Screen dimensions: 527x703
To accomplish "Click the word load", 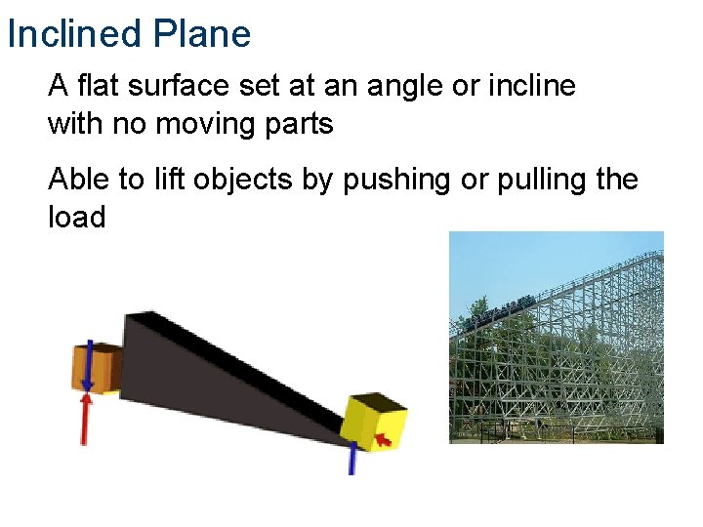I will [76, 217].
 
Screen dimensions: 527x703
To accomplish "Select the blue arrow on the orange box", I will [89, 363].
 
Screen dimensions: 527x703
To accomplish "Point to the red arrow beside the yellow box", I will [385, 441].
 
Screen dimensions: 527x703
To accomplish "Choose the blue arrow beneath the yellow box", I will [352, 459].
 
